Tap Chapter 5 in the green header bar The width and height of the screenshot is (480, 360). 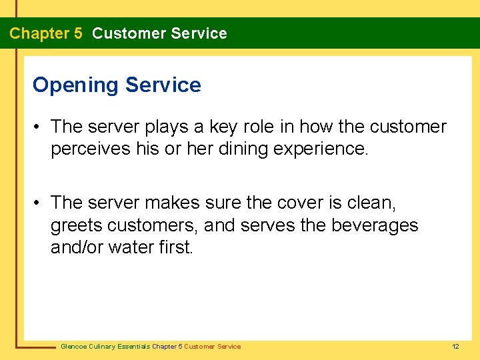click(46, 33)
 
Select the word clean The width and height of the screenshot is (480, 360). click(372, 203)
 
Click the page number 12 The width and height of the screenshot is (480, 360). click(455, 347)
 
